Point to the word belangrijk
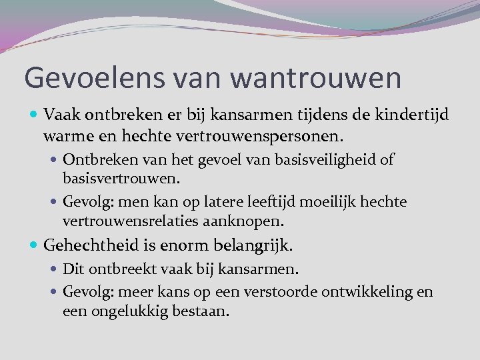coord(251,246)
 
